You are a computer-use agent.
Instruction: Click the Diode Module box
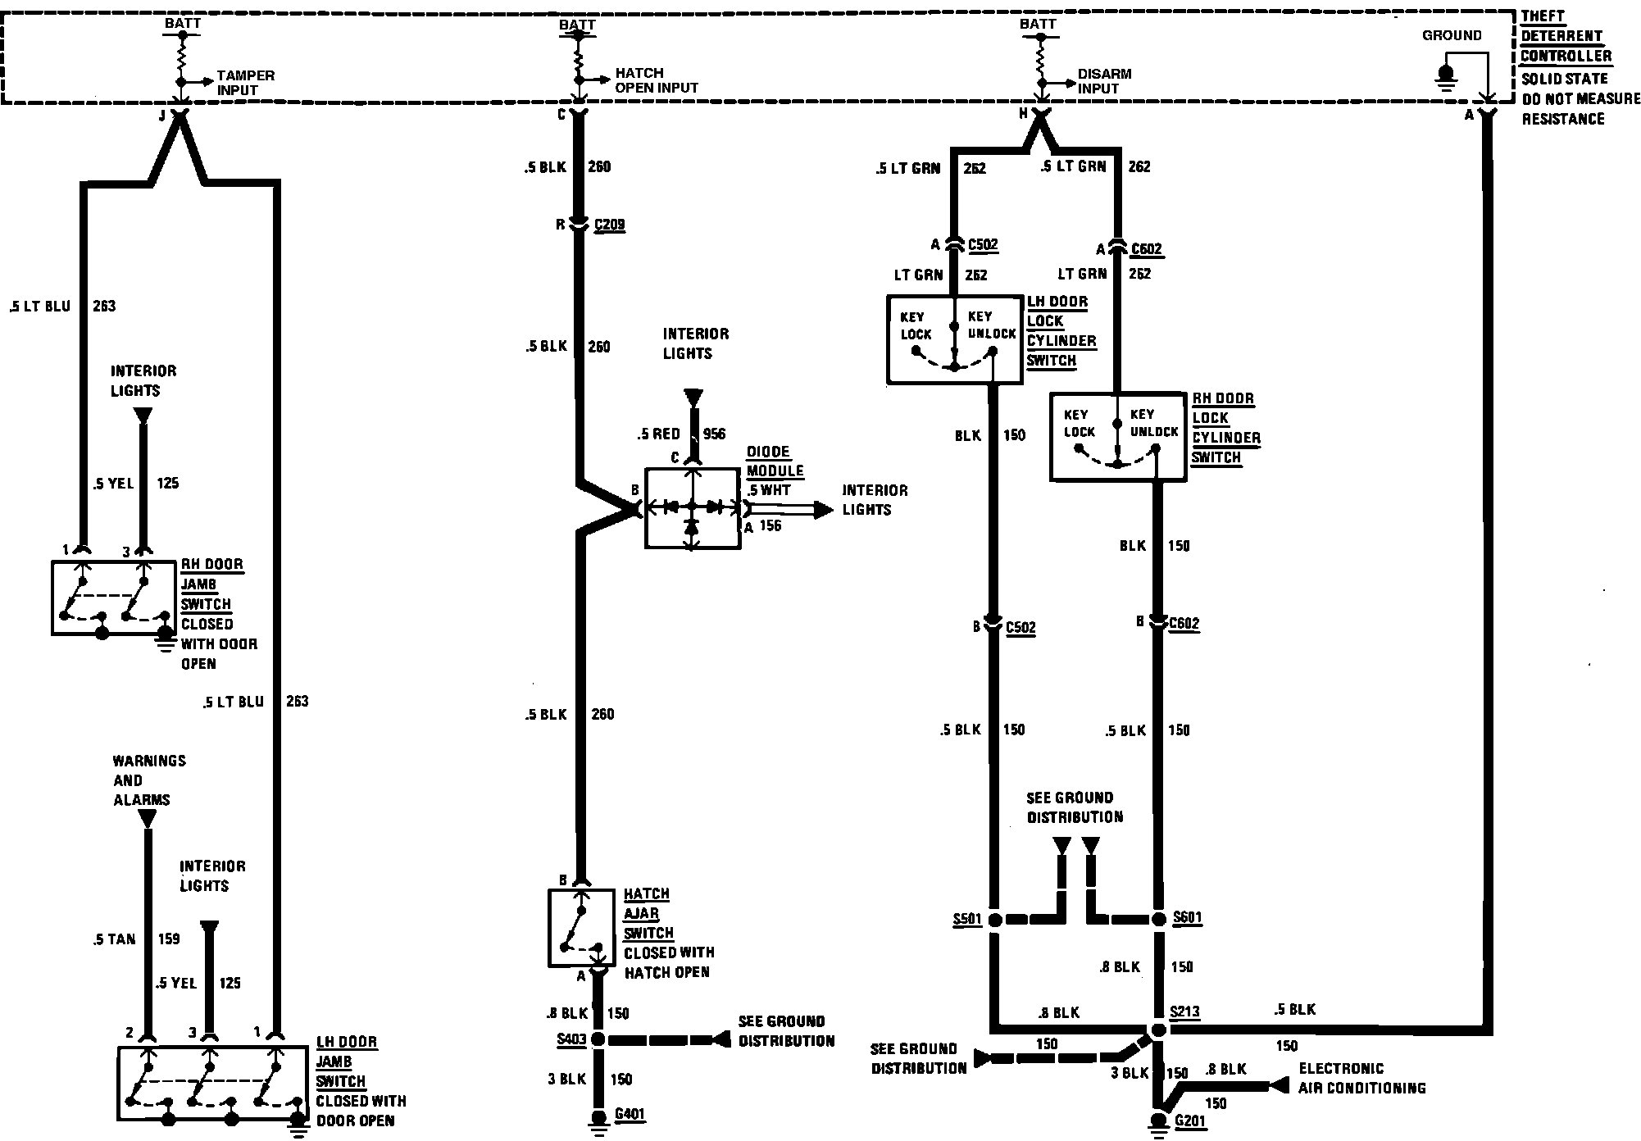tap(692, 508)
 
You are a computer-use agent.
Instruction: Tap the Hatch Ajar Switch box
tap(580, 927)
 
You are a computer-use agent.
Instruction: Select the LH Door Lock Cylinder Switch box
tap(954, 339)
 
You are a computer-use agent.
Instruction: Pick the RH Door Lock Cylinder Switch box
tap(1117, 437)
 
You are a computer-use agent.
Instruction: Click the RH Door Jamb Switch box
tap(113, 597)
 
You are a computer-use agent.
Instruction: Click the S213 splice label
tap(1185, 1011)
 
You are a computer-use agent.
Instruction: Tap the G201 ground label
tap(1190, 1121)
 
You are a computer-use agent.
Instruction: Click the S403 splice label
tap(570, 1039)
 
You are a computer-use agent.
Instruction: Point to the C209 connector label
tap(609, 225)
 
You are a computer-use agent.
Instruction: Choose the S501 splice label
tap(967, 919)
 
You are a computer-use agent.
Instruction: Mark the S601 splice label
tap(1188, 917)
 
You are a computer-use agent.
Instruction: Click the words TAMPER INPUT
tap(245, 83)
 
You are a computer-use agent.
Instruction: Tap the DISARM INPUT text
tap(1103, 81)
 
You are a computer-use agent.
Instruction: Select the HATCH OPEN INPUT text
tap(657, 80)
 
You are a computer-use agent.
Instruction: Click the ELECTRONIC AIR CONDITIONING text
tap(1361, 1078)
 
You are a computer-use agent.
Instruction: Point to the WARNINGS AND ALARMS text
tap(148, 780)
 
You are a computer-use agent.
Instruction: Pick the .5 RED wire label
tap(659, 434)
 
